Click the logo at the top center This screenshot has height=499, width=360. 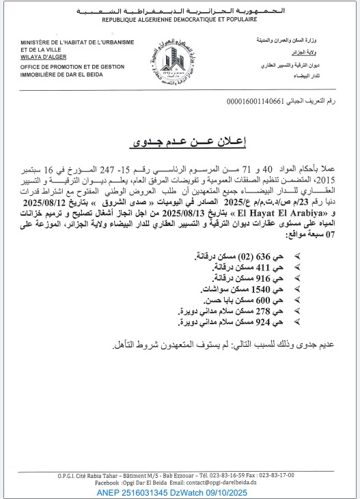point(180,59)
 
